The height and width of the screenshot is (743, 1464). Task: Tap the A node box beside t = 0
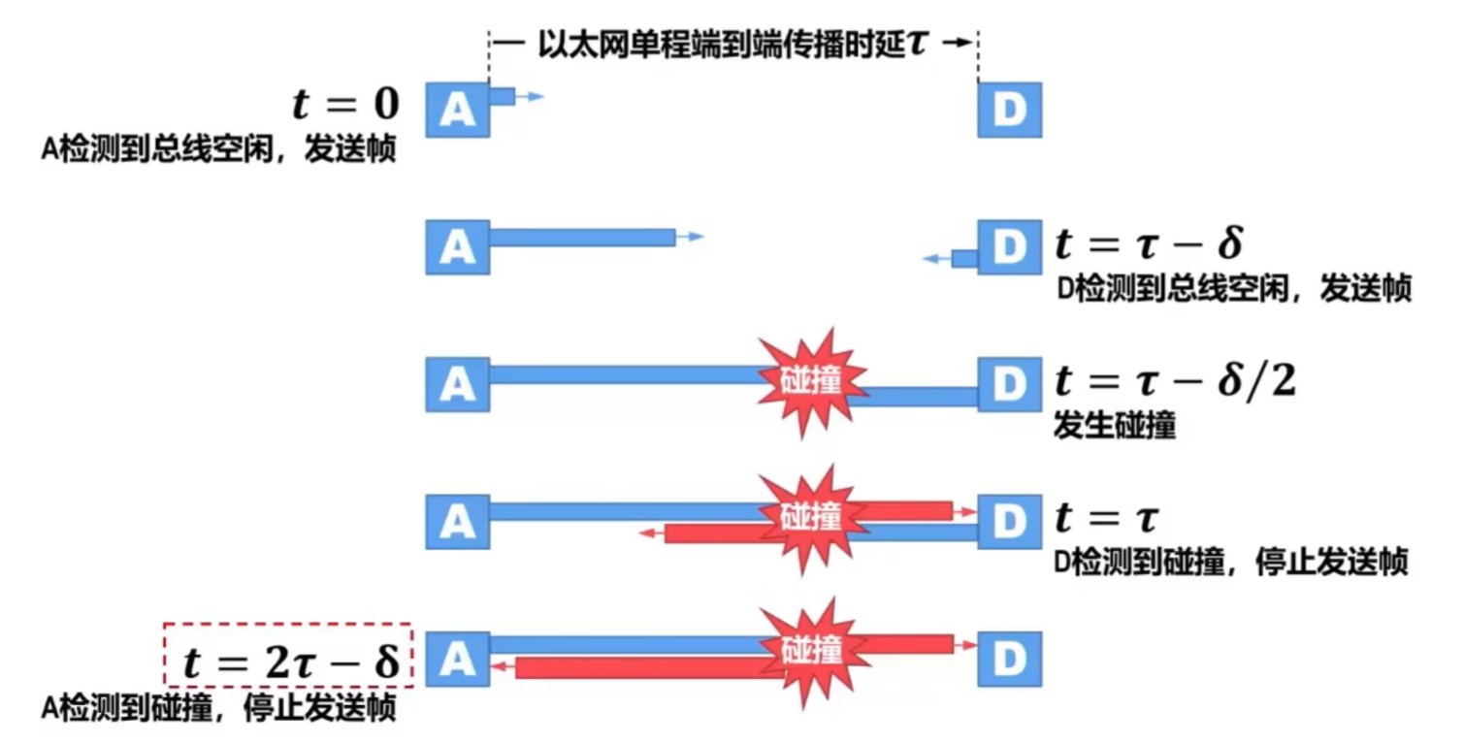click(457, 110)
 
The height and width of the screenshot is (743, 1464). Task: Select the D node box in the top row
click(1009, 110)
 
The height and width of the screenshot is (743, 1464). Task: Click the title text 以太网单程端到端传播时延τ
click(732, 44)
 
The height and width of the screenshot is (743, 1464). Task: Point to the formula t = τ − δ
click(1148, 244)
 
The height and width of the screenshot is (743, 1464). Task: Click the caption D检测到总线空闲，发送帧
click(1231, 289)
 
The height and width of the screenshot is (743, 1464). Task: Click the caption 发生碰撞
click(1114, 426)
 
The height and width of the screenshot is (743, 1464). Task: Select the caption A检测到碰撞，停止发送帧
click(218, 709)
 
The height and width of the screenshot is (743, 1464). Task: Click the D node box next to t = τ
click(1009, 521)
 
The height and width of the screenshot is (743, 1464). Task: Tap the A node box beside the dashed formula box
click(457, 660)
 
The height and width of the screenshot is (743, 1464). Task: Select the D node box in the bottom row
click(1009, 660)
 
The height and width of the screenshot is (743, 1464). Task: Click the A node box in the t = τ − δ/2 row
click(457, 384)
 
